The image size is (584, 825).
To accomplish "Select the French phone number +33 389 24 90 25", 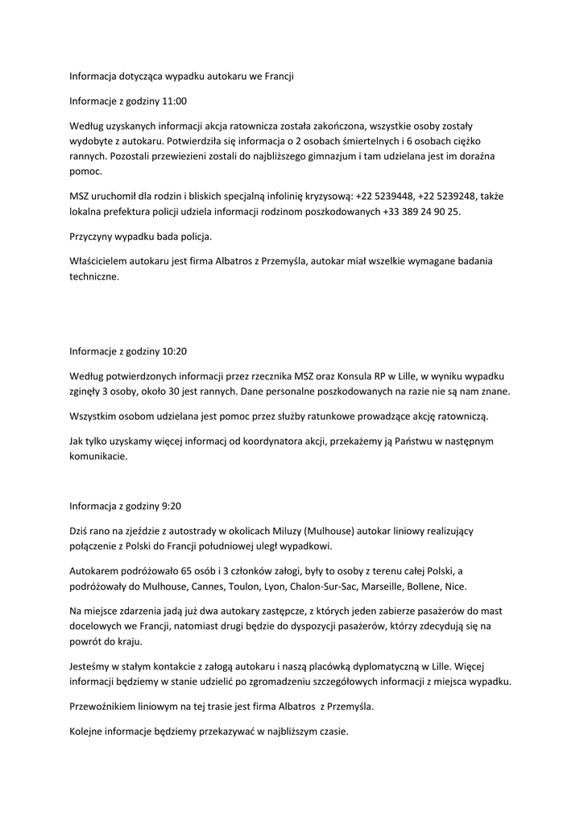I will (x=422, y=211).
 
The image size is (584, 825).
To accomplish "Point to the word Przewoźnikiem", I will (x=107, y=707).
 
